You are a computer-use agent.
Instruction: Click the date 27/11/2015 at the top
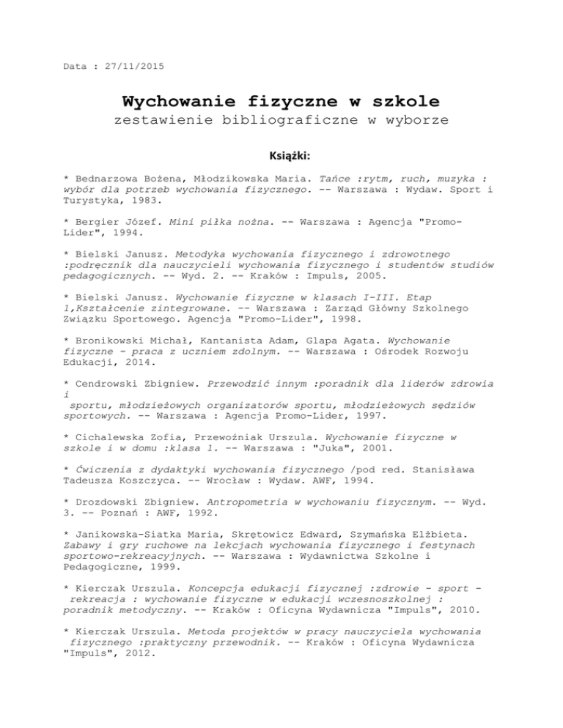click(135, 67)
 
